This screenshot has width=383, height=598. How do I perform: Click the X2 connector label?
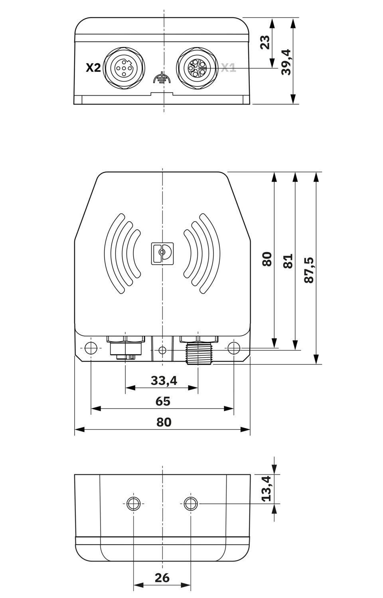click(x=93, y=68)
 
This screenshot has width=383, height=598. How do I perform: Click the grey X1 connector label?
click(x=228, y=68)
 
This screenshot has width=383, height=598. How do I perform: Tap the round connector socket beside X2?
click(x=125, y=68)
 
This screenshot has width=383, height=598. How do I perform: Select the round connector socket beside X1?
click(x=198, y=68)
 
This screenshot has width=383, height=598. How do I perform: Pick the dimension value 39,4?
click(x=286, y=62)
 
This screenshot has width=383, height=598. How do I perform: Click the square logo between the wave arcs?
click(x=162, y=253)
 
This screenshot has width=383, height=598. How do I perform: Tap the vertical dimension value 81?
click(x=288, y=261)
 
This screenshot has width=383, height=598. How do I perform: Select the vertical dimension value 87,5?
click(x=309, y=270)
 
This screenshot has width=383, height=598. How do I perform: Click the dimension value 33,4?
click(x=164, y=381)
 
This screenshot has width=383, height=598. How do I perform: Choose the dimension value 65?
click(x=163, y=401)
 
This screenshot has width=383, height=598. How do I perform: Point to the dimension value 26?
click(x=162, y=577)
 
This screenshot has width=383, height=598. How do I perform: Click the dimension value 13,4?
click(x=266, y=488)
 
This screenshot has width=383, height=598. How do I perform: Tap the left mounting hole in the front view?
click(x=91, y=348)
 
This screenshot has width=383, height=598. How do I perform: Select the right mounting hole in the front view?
click(x=233, y=348)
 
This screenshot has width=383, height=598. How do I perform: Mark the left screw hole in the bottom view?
click(x=133, y=504)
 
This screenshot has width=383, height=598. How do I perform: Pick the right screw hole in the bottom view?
click(x=191, y=504)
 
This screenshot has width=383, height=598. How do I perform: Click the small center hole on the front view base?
click(x=162, y=350)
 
